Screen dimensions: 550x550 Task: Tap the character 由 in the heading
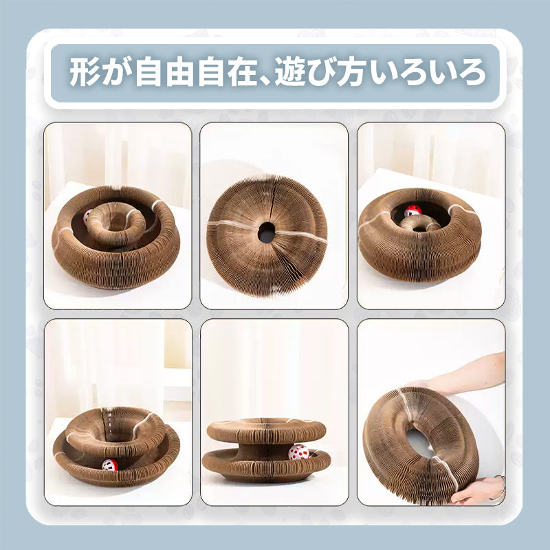click(180, 72)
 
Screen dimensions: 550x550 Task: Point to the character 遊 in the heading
click(289, 72)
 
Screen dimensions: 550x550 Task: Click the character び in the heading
click(320, 72)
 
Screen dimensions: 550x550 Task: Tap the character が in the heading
click(114, 72)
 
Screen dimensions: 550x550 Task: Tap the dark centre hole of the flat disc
click(266, 232)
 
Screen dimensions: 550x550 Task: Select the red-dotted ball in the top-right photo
click(413, 210)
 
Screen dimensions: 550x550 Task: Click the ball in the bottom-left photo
click(110, 465)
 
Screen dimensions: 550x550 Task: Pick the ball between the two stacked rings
click(298, 452)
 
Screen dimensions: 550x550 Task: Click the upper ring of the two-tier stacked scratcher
click(266, 430)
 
